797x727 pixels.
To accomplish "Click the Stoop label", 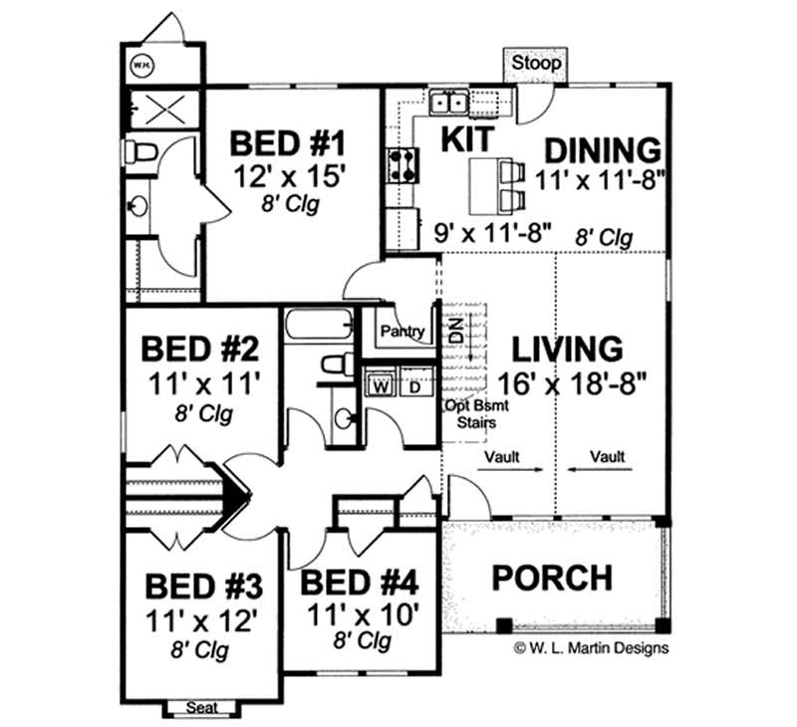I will [536, 63].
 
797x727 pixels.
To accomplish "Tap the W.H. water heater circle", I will [141, 66].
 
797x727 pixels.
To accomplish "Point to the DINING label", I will [603, 149].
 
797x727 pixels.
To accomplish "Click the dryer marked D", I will [415, 386].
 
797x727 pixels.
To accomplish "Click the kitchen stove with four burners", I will [401, 164].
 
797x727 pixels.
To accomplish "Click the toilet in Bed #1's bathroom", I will [138, 152].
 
